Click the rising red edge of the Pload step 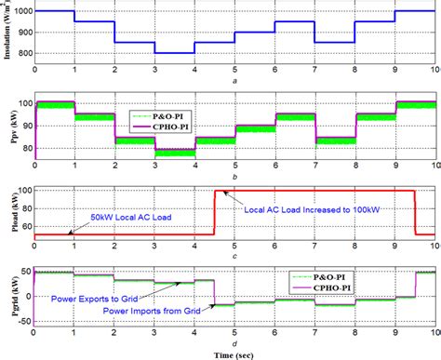tap(215, 214)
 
